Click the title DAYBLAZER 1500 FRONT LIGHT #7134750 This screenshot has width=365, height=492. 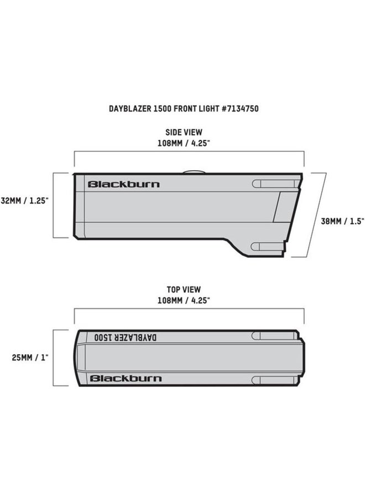click(x=184, y=108)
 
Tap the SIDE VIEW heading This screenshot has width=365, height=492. click(x=184, y=132)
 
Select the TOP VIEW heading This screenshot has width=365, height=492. click(x=184, y=289)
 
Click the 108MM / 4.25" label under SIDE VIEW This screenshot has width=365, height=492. click(x=184, y=143)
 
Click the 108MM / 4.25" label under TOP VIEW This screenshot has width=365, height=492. click(x=184, y=300)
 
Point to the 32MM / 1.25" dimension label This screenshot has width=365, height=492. click(x=25, y=201)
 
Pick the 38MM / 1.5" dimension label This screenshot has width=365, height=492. click(x=342, y=221)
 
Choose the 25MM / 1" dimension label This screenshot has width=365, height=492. click(x=30, y=357)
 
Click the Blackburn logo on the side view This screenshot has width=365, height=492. click(x=124, y=184)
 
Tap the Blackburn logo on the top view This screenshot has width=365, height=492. click(x=126, y=379)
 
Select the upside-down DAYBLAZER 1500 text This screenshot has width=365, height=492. click(x=125, y=338)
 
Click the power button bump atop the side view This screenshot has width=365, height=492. click(x=194, y=171)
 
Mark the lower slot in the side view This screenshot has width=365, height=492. click(x=268, y=247)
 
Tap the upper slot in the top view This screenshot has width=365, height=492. click(x=274, y=336)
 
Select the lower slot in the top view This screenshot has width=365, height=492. click(x=274, y=380)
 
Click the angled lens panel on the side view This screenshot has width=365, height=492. click(x=285, y=207)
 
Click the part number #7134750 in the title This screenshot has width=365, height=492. click(x=240, y=108)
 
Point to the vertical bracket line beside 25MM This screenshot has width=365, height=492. click(x=53, y=358)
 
